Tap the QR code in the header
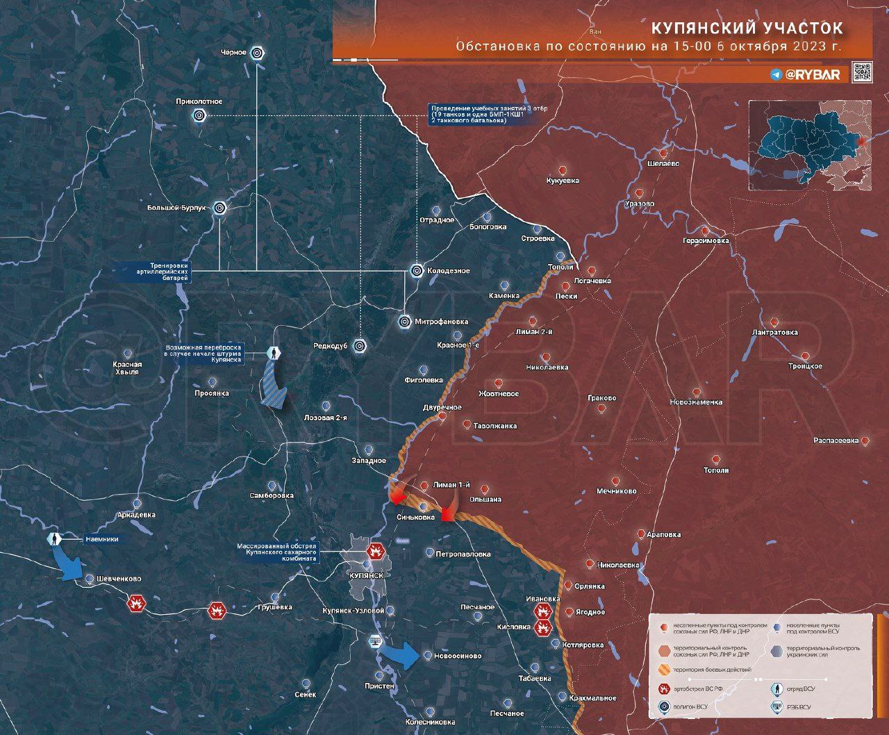(861, 72)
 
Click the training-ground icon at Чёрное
(257, 53)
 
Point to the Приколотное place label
(199, 101)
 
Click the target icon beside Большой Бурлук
(220, 207)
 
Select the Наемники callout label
(101, 539)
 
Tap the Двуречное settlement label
(442, 407)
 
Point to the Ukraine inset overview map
(810, 145)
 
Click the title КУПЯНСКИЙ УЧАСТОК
(747, 28)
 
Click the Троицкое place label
(805, 366)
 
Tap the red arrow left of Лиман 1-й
(399, 496)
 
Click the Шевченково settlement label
(113, 579)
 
